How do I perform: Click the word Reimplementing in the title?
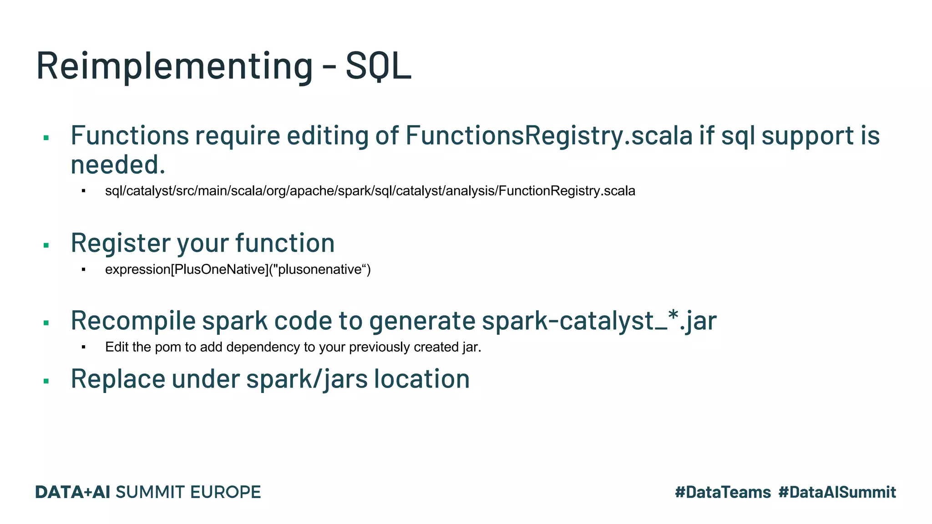click(x=174, y=66)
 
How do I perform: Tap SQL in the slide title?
click(x=378, y=66)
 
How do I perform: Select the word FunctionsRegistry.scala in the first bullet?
click(x=549, y=136)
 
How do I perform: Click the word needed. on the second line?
click(x=118, y=165)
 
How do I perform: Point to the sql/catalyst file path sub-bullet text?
click(x=370, y=191)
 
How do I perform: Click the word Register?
click(x=120, y=243)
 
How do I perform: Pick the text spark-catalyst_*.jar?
click(x=599, y=321)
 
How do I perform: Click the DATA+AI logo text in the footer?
click(x=73, y=492)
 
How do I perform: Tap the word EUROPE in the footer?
click(x=225, y=492)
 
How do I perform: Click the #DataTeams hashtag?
click(x=723, y=492)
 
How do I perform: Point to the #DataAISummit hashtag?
click(x=837, y=492)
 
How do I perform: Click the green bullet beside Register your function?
click(x=46, y=246)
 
